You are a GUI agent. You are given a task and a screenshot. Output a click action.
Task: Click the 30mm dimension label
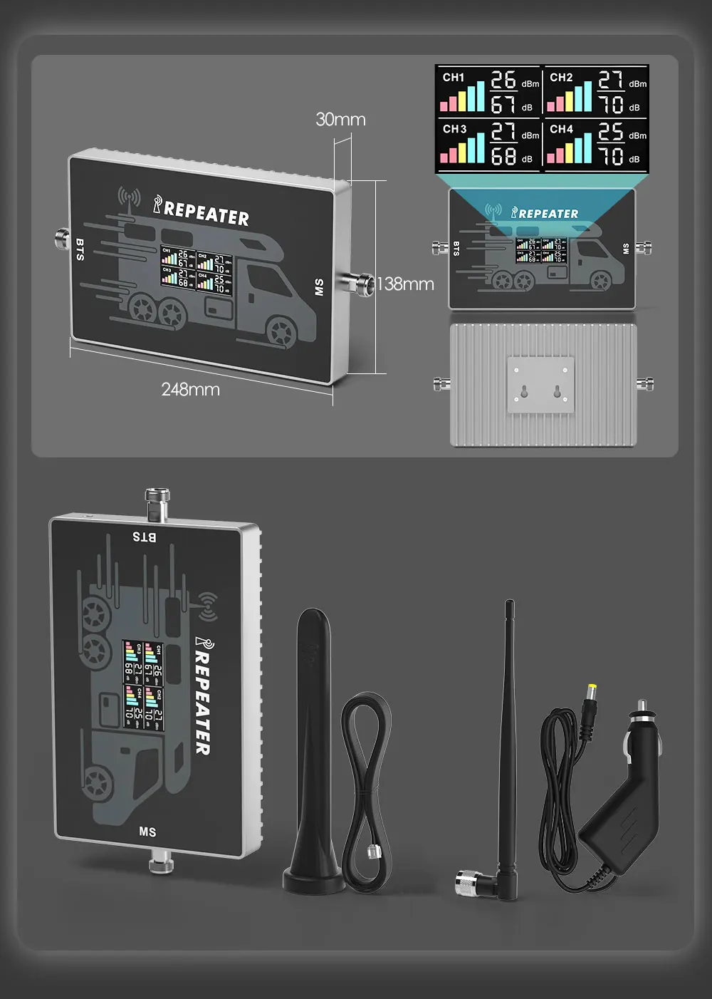(340, 119)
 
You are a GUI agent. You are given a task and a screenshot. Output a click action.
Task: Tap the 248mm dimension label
(190, 389)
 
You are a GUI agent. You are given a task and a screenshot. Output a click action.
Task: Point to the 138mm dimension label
(405, 284)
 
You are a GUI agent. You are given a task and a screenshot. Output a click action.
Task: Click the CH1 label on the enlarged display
(454, 77)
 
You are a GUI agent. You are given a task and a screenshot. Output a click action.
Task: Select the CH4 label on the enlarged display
(561, 129)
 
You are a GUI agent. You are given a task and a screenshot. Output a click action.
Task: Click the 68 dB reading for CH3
(504, 155)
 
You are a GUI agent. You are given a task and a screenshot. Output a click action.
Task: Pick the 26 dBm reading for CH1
(504, 80)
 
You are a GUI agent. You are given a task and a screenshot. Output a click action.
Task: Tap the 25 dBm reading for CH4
(611, 132)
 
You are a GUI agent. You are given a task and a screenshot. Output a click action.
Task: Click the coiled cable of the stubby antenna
(367, 784)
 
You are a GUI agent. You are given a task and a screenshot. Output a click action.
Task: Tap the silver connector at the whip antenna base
(470, 883)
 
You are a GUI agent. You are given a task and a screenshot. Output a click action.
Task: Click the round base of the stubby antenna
(314, 881)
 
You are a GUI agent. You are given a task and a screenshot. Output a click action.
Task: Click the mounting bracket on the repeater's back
(540, 385)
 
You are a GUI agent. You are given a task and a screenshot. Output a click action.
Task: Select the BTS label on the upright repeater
(145, 537)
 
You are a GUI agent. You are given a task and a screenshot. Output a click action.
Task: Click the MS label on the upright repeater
(147, 832)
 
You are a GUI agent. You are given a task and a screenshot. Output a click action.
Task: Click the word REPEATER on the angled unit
(206, 212)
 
